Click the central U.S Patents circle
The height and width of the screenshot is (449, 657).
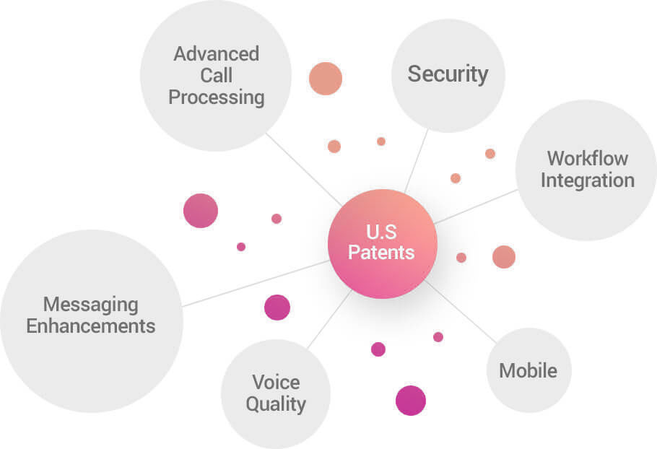pyautogui.click(x=383, y=244)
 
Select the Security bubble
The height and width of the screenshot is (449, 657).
pyautogui.click(x=448, y=75)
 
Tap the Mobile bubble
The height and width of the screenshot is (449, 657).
pyautogui.click(x=528, y=370)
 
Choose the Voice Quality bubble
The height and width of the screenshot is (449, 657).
pyautogui.click(x=276, y=393)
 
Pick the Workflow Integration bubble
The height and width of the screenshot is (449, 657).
pyautogui.click(x=586, y=170)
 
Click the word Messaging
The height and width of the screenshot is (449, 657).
pyautogui.click(x=91, y=304)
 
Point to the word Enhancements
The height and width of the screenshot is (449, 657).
pyautogui.click(x=91, y=326)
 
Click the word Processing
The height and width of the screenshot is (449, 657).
pyautogui.click(x=217, y=97)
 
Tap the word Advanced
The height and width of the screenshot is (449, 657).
pyautogui.click(x=217, y=54)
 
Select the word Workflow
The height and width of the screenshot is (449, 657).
pyautogui.click(x=588, y=158)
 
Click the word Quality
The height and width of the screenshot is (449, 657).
pyautogui.click(x=276, y=404)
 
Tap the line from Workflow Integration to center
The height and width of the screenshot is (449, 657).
pyautogui.click(x=477, y=206)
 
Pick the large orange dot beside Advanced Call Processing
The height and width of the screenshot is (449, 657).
pyautogui.click(x=326, y=79)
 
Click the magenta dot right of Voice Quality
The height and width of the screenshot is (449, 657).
pyautogui.click(x=411, y=401)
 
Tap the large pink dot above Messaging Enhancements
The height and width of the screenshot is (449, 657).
pyautogui.click(x=201, y=211)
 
